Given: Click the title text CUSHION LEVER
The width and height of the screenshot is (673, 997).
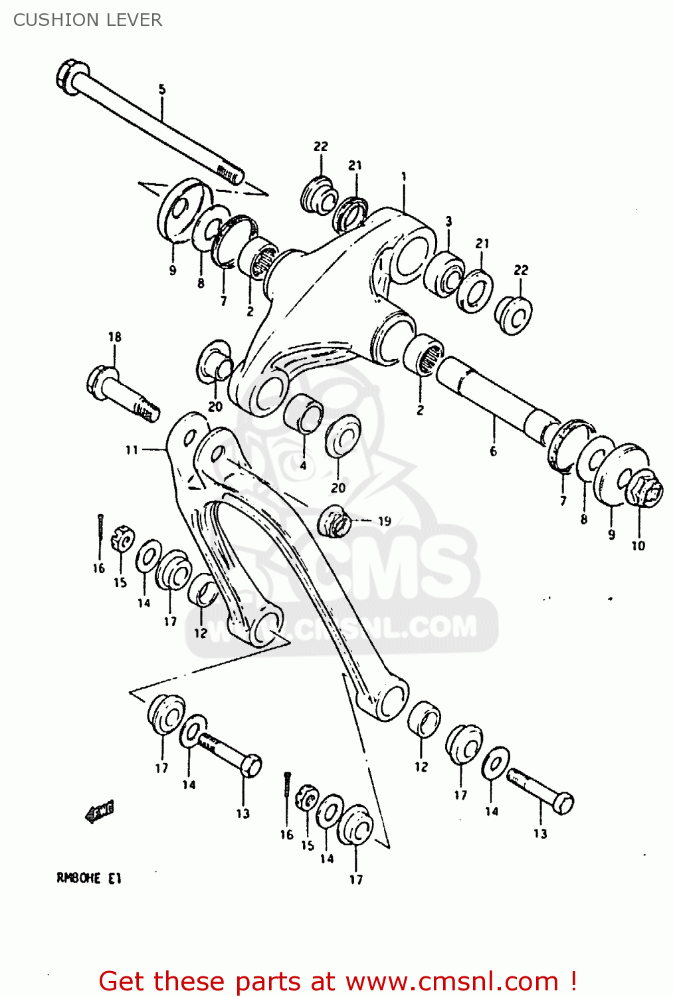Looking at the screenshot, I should (88, 20).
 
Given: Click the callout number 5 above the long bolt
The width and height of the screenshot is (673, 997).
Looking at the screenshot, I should (161, 89).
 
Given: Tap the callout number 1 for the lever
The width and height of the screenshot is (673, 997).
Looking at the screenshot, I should (403, 176).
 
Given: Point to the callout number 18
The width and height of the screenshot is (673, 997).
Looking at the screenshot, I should (115, 336).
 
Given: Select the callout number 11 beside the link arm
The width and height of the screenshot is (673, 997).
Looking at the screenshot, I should (132, 450).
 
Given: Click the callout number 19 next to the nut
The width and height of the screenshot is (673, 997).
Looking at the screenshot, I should (385, 521).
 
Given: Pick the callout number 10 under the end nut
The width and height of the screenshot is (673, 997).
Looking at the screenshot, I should (638, 546).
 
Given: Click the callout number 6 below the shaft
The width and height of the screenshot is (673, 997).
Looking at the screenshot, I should (493, 451).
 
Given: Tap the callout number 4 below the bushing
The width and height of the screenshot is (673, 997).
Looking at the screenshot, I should (303, 465).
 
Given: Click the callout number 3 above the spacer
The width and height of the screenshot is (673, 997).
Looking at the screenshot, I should (448, 221).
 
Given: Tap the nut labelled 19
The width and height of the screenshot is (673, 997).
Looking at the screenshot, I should (334, 520).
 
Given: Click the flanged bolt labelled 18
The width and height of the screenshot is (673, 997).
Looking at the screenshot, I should (123, 395).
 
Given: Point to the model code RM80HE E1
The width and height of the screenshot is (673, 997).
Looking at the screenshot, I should (88, 878).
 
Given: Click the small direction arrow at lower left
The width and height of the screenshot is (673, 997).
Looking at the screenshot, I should (100, 811).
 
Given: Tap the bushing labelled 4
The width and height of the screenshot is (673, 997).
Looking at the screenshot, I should (304, 413).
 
